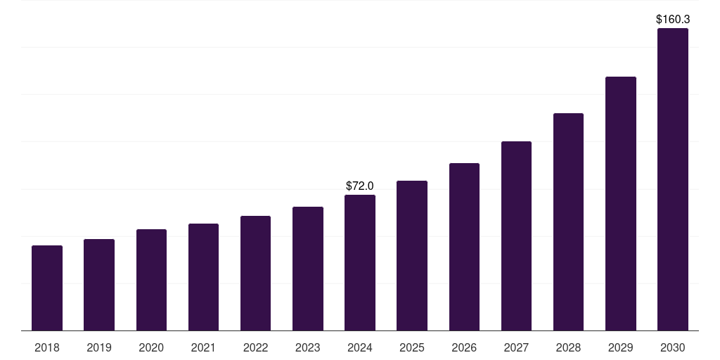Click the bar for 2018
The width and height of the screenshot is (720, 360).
[47, 288]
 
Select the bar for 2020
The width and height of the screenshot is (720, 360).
[151, 280]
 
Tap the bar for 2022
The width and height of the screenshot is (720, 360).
[255, 274]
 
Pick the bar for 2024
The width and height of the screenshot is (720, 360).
[360, 263]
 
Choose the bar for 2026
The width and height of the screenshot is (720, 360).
[464, 247]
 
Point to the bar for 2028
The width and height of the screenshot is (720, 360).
[568, 222]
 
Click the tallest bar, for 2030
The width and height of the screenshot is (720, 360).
[673, 179]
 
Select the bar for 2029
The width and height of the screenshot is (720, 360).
[621, 204]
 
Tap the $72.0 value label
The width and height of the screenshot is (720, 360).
[360, 186]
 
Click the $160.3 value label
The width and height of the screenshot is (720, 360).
[673, 20]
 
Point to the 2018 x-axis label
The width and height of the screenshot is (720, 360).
[47, 347]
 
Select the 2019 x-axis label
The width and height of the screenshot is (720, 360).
[99, 347]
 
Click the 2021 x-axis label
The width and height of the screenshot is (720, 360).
[203, 347]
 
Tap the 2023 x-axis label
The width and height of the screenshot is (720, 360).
[308, 347]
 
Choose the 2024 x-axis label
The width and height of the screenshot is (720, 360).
[360, 347]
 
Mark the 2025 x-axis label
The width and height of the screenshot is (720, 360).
[412, 347]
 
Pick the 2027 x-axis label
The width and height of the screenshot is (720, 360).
[516, 347]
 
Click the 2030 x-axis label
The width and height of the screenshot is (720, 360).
[673, 347]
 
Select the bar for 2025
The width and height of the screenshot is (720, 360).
[412, 256]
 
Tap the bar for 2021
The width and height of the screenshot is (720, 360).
[203, 277]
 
